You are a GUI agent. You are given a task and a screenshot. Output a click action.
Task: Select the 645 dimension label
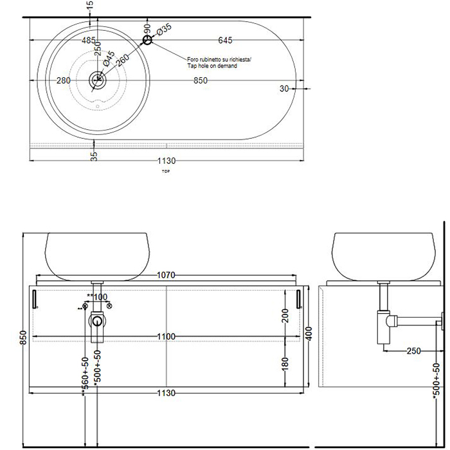tap(225, 40)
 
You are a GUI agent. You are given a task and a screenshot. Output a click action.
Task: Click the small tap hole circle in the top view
tap(148, 40)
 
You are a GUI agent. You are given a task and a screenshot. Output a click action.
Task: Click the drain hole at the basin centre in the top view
tap(98, 80)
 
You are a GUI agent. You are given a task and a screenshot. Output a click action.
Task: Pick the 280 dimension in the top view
tap(64, 80)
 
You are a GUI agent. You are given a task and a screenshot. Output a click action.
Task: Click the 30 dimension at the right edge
tap(283, 88)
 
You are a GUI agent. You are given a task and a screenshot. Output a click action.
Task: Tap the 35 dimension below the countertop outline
tap(94, 154)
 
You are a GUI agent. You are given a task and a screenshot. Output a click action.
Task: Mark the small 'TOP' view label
tap(166, 172)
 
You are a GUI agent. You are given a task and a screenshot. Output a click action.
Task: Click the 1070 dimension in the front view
tap(166, 275)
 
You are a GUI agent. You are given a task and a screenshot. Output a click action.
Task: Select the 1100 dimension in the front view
tap(166, 336)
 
